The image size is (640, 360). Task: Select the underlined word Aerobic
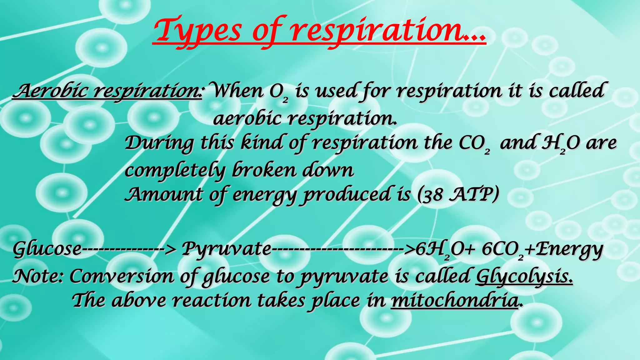(50, 91)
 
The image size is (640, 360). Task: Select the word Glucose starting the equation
(47, 249)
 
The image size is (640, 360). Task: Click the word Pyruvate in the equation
(227, 249)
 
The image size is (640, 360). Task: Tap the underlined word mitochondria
(455, 301)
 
